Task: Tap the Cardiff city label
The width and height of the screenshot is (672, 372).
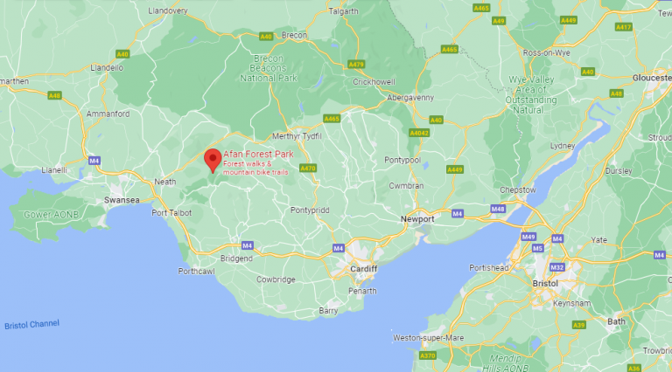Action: coord(362,270)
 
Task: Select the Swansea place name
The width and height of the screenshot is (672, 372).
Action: coord(122,200)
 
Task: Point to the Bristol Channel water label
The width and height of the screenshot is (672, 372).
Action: coord(31,324)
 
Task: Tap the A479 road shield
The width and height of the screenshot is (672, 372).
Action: coord(356,65)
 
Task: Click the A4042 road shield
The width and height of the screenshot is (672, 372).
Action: coord(419,133)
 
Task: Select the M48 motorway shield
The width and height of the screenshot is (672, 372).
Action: coord(498,210)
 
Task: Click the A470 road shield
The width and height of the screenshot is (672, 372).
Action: coord(307,168)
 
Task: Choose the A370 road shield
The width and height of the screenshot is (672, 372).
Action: coord(427,355)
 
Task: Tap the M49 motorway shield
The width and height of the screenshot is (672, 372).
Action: coord(528,237)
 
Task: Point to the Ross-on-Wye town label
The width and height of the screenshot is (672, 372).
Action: coord(545,52)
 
